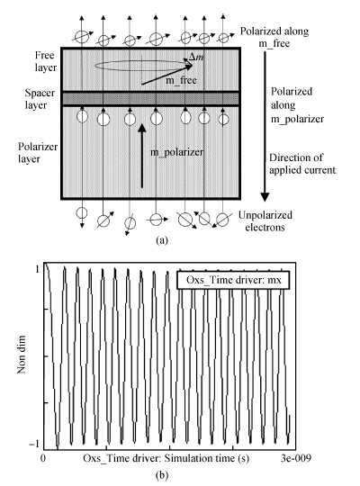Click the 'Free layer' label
click(46, 61)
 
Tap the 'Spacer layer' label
click(40, 99)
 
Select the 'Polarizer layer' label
click(38, 152)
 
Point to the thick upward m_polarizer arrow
click(142, 156)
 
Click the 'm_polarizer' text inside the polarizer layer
click(176, 152)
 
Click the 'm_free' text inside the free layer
click(181, 80)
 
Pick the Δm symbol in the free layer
click(196, 57)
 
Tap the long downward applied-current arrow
click(265, 127)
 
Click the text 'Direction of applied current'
click(302, 164)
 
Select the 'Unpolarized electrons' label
click(265, 221)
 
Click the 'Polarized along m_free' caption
click(274, 37)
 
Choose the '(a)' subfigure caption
click(162, 240)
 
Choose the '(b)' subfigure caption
click(162, 475)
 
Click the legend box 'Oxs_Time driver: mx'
click(233, 280)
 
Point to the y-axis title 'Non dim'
click(22, 355)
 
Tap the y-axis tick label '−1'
click(34, 444)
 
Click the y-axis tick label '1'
click(37, 269)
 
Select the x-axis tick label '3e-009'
click(296, 458)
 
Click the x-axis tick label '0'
click(43, 458)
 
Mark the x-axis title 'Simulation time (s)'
click(206, 458)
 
